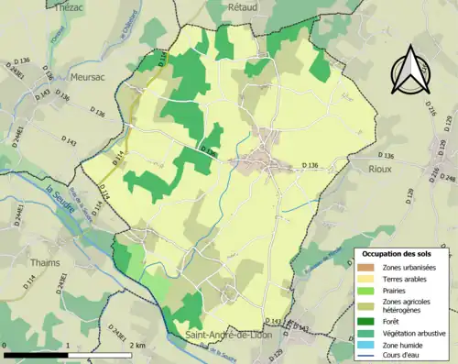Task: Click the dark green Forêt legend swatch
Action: pos(366,321)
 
